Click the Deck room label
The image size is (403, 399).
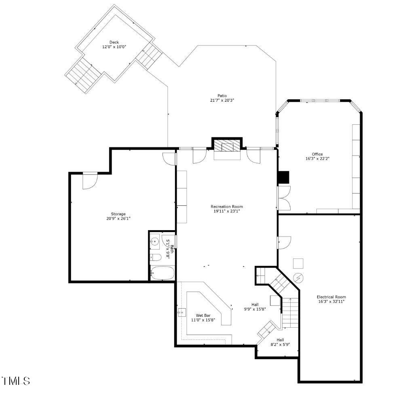click(x=114, y=42)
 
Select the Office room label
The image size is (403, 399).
click(x=317, y=154)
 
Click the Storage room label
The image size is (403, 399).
click(x=118, y=214)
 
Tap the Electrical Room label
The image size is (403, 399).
click(x=331, y=297)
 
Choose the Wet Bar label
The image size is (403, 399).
click(x=203, y=315)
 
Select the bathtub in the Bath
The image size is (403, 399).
click(x=162, y=273)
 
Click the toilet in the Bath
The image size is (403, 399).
click(x=156, y=257)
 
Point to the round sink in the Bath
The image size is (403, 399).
click(x=154, y=242)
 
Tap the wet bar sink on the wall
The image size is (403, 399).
click(x=181, y=312)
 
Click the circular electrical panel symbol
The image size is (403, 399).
click(x=298, y=278)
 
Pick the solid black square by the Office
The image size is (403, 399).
click(x=284, y=177)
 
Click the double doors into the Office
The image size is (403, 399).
click(x=284, y=198)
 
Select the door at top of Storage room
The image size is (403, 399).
click(x=90, y=180)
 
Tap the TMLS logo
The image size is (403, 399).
click(x=16, y=381)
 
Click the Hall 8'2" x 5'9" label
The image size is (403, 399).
click(x=280, y=342)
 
